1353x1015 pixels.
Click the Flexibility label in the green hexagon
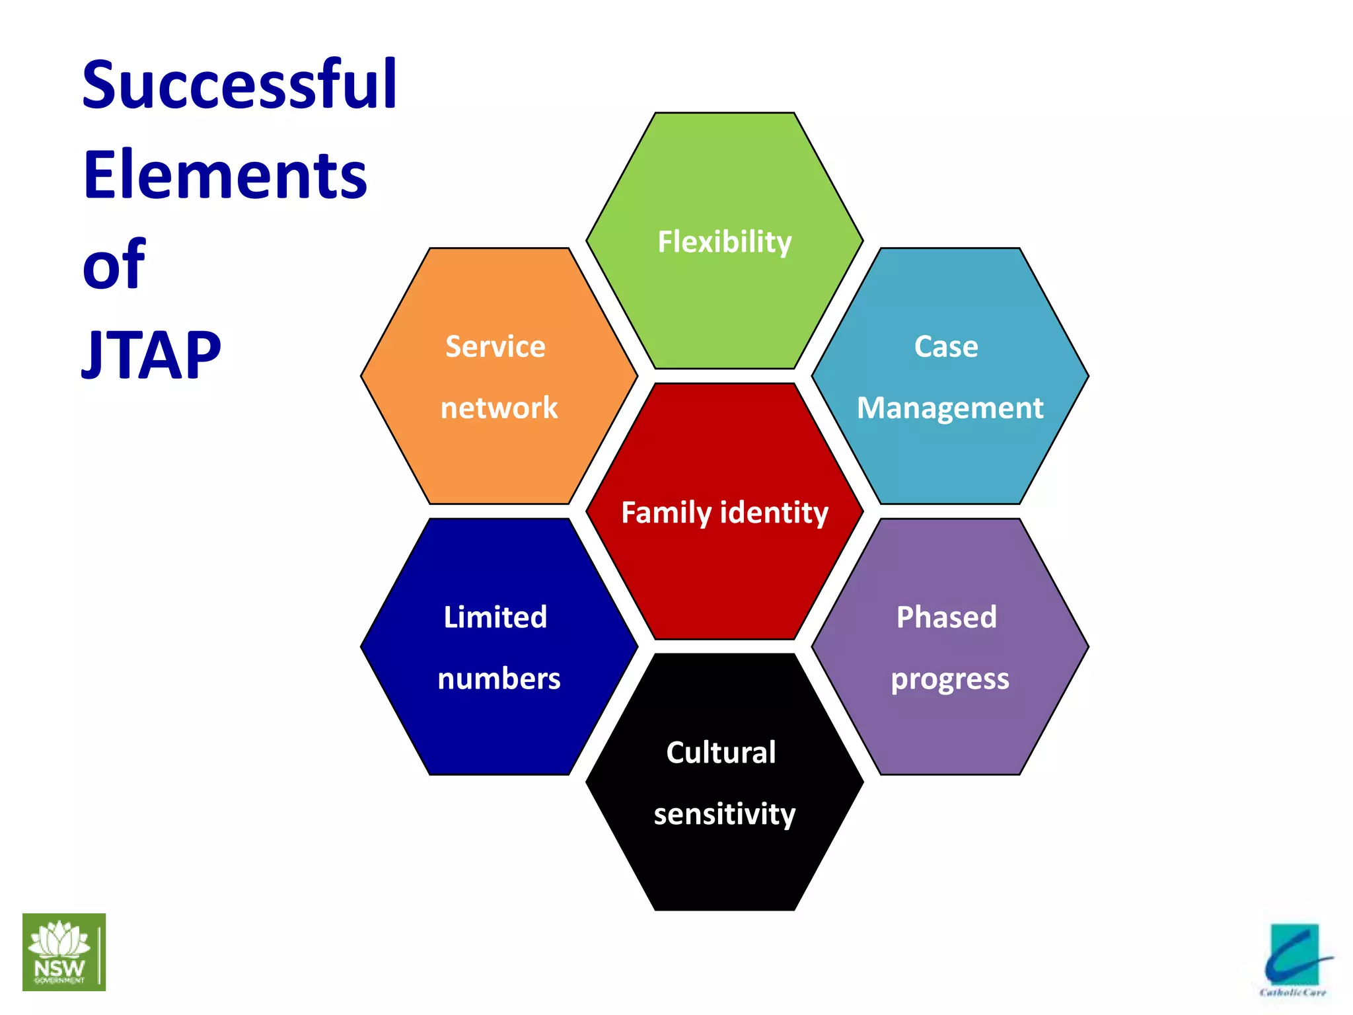(725, 243)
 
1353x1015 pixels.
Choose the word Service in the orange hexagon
(495, 346)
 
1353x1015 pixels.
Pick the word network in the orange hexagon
(499, 408)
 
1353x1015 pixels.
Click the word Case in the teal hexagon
(946, 346)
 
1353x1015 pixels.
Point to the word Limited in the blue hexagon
(495, 617)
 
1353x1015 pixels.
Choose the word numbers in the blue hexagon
(499, 679)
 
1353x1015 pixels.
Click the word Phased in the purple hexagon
(947, 617)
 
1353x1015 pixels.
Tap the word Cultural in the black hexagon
(721, 752)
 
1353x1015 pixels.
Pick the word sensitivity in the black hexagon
(725, 814)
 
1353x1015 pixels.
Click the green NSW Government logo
(64, 952)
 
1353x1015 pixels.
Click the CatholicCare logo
(1296, 960)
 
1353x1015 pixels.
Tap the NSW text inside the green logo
(59, 969)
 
